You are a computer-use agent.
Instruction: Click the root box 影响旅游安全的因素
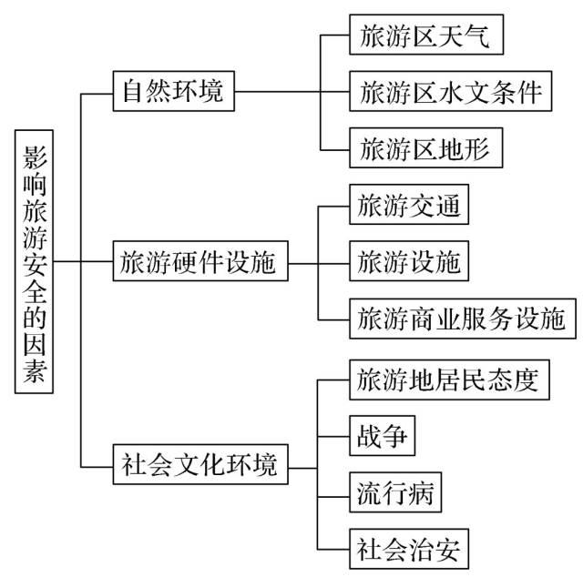(x=35, y=260)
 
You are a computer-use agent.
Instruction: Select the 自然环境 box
(x=172, y=92)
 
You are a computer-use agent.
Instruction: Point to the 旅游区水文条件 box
(x=450, y=92)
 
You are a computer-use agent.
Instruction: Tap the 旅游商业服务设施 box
(x=462, y=319)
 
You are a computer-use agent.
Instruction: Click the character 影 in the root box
(x=35, y=153)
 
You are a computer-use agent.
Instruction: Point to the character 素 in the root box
(x=35, y=373)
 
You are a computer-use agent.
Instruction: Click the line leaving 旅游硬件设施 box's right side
(x=302, y=263)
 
